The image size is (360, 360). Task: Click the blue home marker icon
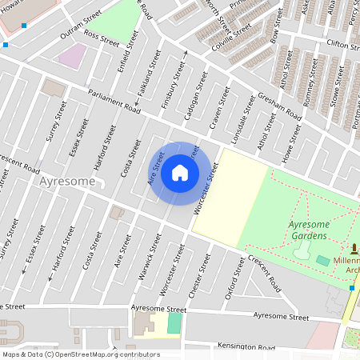point(180,173)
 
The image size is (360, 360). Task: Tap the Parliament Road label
point(114,100)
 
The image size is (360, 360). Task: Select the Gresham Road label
point(280,106)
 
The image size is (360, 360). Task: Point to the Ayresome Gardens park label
point(308,231)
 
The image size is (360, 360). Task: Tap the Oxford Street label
point(234,284)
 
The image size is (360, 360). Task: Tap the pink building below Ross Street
point(73,55)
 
